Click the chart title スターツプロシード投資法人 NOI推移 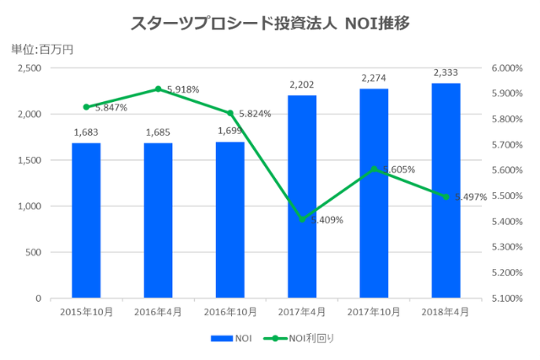[x=270, y=23]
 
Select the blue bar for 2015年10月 [x=86, y=220]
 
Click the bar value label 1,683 [x=86, y=132]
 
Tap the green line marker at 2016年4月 [x=158, y=89]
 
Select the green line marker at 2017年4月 [x=302, y=219]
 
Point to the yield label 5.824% [x=255, y=114]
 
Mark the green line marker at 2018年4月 [x=446, y=196]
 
